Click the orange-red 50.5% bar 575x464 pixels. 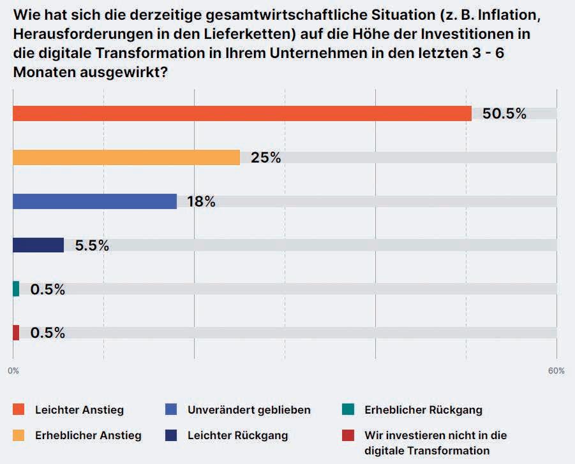pos(242,113)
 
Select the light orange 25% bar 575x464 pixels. pos(126,157)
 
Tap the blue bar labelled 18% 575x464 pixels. pos(94,201)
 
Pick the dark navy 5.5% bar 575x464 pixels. pos(38,245)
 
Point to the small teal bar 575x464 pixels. pos(16,289)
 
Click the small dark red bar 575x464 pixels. pos(16,333)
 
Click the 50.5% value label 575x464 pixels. pos(504,114)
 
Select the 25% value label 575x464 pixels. pos(266,157)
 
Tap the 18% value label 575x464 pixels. pos(201,201)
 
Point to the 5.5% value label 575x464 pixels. pos(92,245)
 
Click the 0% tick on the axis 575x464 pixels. pos(13,371)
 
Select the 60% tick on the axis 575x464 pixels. pos(556,371)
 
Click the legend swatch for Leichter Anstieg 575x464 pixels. pos(19,410)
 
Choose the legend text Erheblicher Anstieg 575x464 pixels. pos(88,436)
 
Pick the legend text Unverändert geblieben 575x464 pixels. pos(249,410)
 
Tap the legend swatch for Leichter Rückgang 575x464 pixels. pos(170,436)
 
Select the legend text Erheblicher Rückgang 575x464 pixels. pos(423,410)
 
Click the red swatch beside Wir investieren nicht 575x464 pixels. pos(347,436)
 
